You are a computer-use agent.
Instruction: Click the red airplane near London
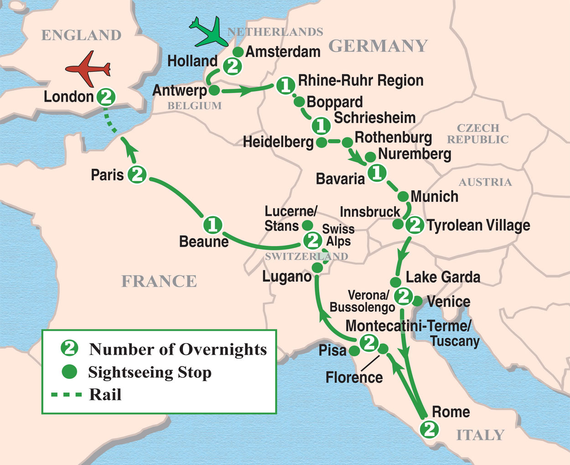(x=88, y=69)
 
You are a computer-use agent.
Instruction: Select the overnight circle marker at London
(x=106, y=97)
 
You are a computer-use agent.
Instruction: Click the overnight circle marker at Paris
(x=137, y=175)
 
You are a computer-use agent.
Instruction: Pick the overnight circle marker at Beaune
(x=212, y=225)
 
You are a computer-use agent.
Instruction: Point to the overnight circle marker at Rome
(x=429, y=429)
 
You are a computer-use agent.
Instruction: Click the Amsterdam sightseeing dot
(x=238, y=52)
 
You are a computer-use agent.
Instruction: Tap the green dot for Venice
(x=417, y=301)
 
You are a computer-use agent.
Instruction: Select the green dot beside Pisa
(x=354, y=351)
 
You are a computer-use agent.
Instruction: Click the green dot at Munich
(x=403, y=196)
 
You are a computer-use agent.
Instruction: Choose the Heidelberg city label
(x=278, y=142)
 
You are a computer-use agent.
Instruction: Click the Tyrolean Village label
(x=478, y=225)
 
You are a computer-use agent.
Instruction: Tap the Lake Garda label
(x=443, y=277)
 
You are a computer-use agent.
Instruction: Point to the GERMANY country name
(x=378, y=46)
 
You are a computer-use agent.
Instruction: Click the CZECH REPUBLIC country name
(x=478, y=134)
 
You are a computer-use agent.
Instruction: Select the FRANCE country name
(x=159, y=281)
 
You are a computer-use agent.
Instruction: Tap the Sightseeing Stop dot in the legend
(x=69, y=372)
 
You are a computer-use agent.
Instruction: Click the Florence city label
(x=354, y=377)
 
